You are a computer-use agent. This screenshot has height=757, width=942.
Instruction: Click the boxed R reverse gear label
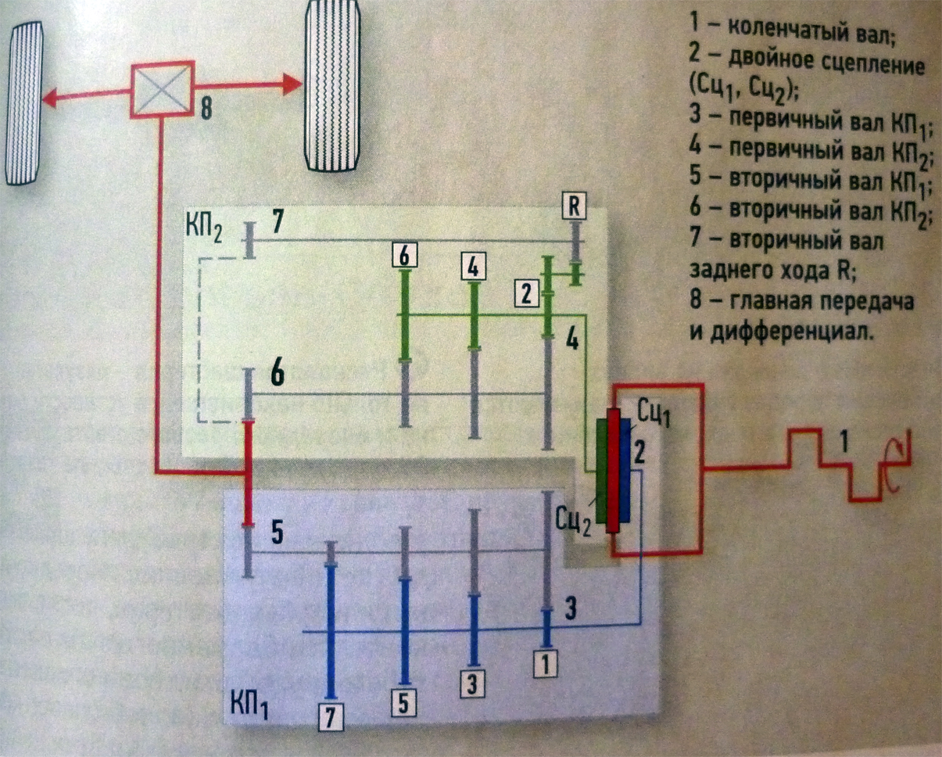575,206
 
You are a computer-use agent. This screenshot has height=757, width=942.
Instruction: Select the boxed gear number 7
331,717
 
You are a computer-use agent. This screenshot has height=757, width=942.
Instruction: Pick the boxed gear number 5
403,703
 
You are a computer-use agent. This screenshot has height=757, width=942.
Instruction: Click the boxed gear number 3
472,684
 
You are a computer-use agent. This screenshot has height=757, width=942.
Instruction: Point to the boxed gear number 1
545,664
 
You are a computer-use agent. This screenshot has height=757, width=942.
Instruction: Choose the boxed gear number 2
527,293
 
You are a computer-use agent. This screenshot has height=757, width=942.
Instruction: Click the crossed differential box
163,90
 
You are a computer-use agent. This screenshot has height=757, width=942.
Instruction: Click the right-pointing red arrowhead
292,84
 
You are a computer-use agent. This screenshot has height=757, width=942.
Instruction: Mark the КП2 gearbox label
204,231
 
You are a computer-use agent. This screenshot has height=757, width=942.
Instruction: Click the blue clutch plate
625,471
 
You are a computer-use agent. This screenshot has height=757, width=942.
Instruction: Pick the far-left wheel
24,103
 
